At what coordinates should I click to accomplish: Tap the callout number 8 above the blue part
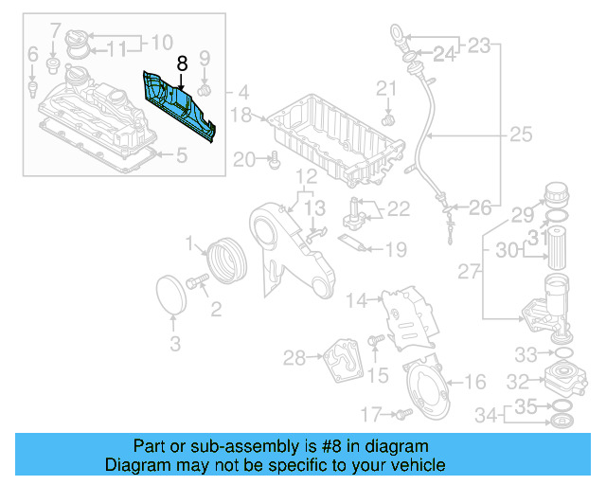[183, 63]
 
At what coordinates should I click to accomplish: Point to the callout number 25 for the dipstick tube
[521, 135]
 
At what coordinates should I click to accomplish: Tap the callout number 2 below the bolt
[216, 308]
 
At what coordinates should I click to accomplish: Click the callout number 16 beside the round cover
[474, 382]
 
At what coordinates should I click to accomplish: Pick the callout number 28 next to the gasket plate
[294, 357]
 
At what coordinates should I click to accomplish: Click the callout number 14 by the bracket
[356, 301]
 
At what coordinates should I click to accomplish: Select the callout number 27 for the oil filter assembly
[469, 273]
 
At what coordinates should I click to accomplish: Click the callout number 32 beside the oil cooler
[518, 383]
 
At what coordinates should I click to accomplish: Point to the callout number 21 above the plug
[385, 90]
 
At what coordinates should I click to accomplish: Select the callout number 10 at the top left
[161, 42]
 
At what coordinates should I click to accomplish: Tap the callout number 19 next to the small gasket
[395, 249]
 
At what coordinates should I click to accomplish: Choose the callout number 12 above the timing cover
[306, 177]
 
